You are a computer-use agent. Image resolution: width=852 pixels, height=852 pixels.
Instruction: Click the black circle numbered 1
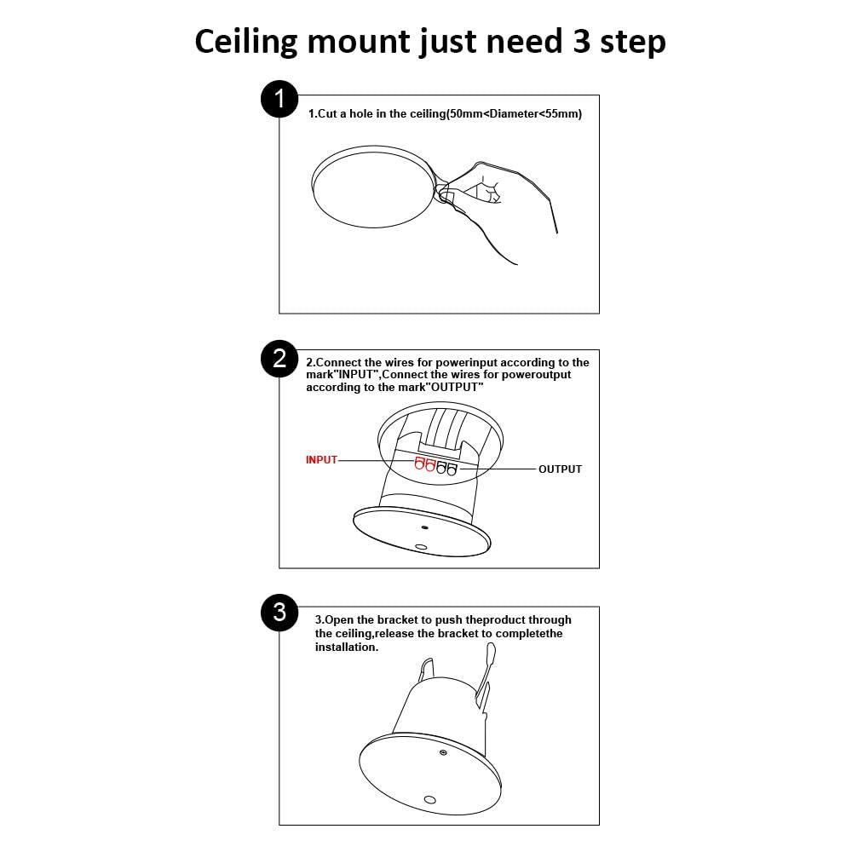[279, 99]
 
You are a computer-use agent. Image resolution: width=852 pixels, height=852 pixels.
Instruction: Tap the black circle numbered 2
[279, 359]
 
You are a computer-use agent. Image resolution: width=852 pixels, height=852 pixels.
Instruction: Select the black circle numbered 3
[279, 613]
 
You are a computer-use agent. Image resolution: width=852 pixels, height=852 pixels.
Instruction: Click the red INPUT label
[321, 460]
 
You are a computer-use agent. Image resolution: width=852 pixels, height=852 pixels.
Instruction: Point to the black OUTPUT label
[560, 469]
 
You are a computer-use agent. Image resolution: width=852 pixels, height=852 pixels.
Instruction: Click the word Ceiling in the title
[246, 42]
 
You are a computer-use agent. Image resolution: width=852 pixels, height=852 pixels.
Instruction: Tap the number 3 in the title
[581, 41]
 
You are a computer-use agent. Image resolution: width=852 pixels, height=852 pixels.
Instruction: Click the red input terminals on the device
[425, 464]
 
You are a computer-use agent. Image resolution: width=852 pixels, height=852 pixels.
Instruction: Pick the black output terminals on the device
[446, 468]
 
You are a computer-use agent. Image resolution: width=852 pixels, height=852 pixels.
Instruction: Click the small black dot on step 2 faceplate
[425, 527]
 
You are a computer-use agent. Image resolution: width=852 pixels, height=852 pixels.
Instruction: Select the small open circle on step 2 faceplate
[421, 547]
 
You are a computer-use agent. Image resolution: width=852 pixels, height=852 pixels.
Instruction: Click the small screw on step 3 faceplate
[443, 752]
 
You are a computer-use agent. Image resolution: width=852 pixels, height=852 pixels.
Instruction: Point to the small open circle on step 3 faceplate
[429, 799]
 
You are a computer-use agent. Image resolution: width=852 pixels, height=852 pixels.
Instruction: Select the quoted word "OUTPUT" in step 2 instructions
[454, 387]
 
